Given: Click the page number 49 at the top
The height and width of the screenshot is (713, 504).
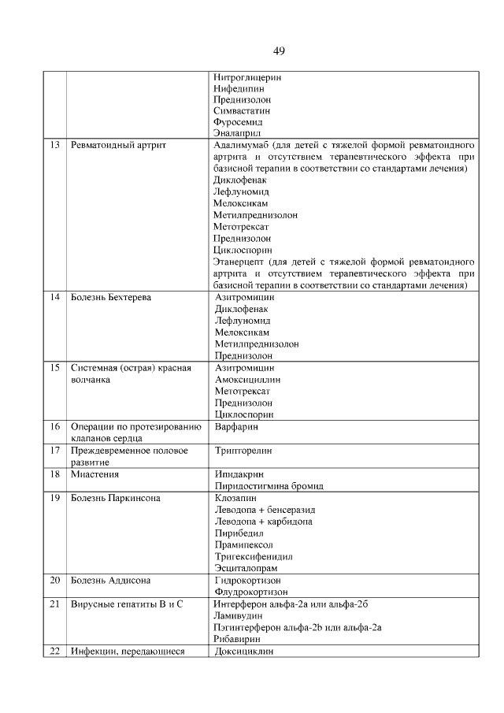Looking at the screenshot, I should click(x=279, y=51).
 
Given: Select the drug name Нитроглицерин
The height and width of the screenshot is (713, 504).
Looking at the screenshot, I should click(x=247, y=78).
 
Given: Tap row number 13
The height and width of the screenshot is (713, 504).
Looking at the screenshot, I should click(x=54, y=146).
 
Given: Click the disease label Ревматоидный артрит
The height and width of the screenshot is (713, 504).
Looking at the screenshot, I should click(x=118, y=146).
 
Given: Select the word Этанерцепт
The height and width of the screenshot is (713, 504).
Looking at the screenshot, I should click(x=239, y=261).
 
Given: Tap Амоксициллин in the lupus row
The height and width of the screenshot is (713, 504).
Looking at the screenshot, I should click(x=247, y=379).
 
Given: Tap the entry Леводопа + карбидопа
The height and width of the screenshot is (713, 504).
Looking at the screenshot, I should click(x=263, y=522).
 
